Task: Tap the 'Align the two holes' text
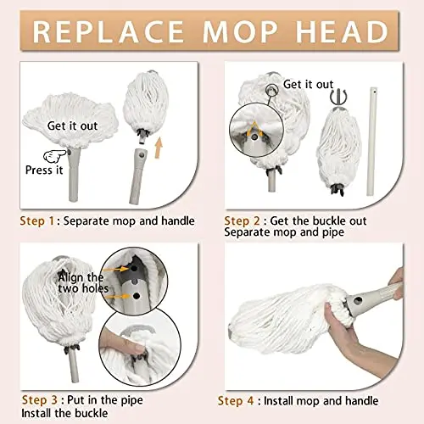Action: (x=81, y=283)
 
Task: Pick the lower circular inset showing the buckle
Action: (x=149, y=351)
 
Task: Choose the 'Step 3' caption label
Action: (x=41, y=399)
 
